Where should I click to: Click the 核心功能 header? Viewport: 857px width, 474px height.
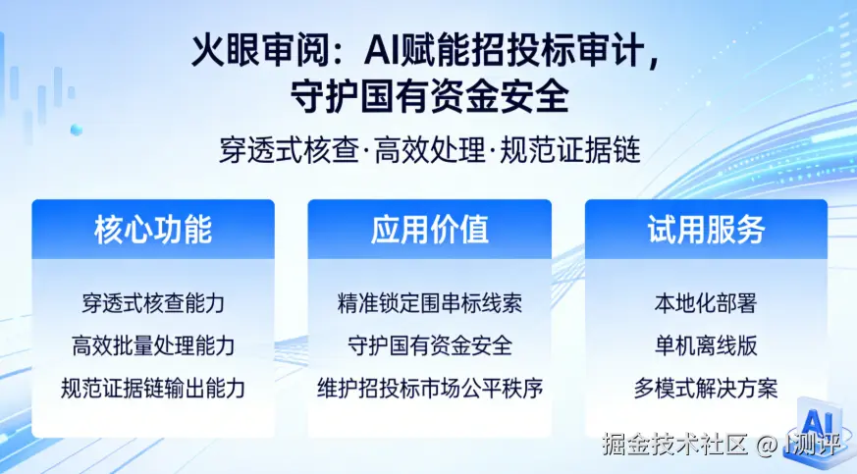coord(153,230)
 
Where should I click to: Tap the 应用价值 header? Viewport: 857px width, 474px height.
coord(430,230)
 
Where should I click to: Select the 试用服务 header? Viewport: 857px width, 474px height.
coord(706,230)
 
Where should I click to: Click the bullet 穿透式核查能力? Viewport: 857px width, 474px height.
coord(153,303)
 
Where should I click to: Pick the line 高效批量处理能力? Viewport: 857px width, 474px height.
coord(153,345)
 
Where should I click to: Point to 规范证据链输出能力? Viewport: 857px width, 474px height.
coord(153,389)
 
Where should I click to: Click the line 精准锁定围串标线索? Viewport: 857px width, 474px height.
coord(430,303)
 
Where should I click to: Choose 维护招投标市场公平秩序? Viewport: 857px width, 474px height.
coord(430,389)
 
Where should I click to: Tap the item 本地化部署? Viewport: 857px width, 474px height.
coord(706,303)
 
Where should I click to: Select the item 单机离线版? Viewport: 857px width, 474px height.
coord(706,345)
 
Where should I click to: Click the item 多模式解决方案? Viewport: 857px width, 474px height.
coord(706,389)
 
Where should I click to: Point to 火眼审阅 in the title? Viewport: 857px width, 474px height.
coord(261,51)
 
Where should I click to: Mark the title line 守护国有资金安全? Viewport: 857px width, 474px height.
coord(430,96)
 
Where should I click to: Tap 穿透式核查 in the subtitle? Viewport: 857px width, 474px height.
coord(290,150)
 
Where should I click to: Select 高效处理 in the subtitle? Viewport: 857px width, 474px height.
coord(430,150)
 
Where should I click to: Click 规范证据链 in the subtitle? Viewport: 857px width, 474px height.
coord(570,150)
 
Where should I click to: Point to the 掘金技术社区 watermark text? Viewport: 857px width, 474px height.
coord(675,444)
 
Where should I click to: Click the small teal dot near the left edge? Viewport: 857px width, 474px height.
coord(77,130)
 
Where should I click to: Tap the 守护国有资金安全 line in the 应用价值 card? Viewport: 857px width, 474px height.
coord(430,345)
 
